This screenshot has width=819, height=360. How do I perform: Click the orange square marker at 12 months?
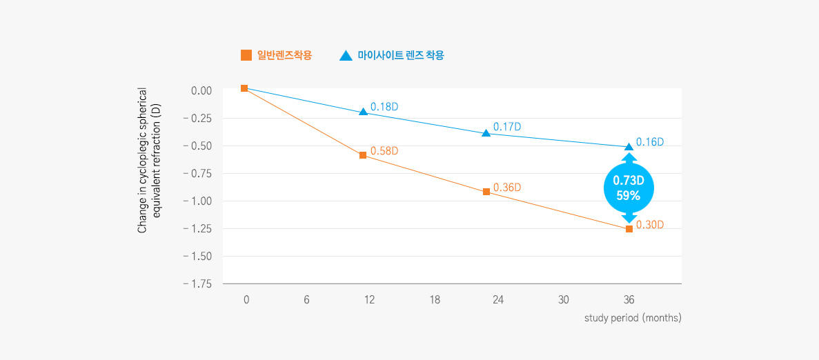click(x=363, y=155)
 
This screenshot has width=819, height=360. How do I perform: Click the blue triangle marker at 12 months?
click(x=363, y=112)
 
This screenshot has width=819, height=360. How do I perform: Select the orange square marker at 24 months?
click(x=486, y=192)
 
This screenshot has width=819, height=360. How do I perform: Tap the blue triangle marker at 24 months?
click(x=486, y=132)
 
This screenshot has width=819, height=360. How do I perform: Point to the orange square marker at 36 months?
click(x=629, y=228)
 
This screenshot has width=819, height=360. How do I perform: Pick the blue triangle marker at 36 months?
click(x=629, y=146)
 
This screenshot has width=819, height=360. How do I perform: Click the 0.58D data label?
click(x=384, y=150)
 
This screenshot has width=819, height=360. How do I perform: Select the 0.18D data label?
click(x=384, y=107)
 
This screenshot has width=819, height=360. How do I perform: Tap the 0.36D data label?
click(x=507, y=188)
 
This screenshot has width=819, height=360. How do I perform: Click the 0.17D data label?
click(x=507, y=127)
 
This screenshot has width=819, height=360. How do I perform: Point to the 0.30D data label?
click(x=650, y=225)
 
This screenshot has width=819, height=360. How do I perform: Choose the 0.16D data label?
click(x=650, y=142)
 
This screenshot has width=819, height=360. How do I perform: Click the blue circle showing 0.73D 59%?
click(x=629, y=188)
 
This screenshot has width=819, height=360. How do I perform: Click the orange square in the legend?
click(x=246, y=55)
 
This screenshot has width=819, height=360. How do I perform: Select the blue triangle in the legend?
click(x=346, y=55)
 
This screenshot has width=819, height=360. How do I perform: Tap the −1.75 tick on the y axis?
click(x=198, y=283)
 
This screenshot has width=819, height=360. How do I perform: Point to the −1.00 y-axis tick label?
click(x=198, y=201)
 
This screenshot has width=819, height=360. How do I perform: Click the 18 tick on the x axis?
click(x=435, y=300)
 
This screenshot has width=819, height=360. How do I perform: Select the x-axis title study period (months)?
click(x=633, y=318)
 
